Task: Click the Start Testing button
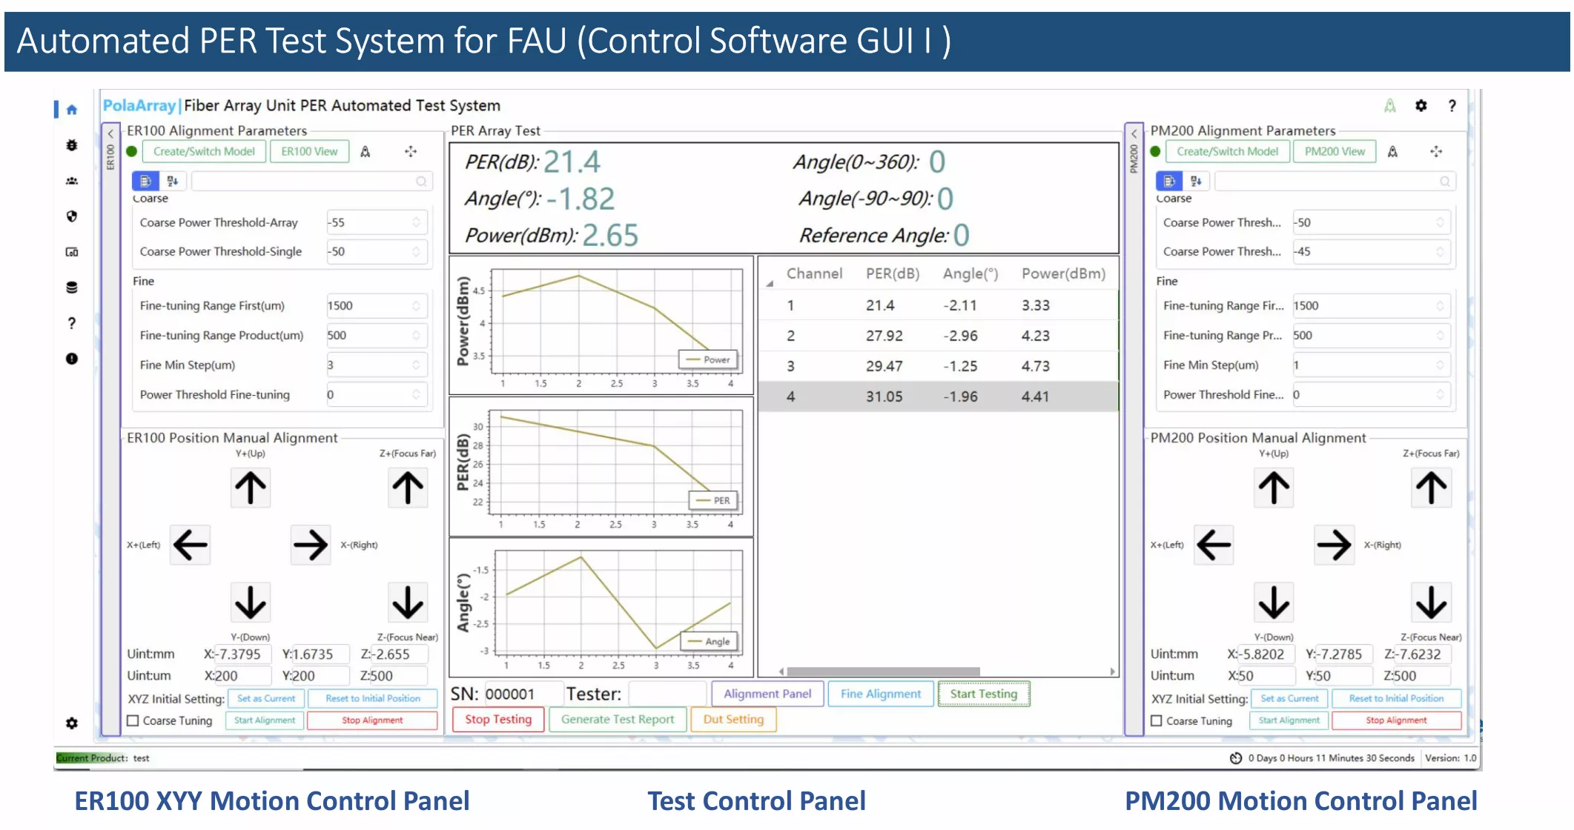point(984,694)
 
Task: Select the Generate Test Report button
point(618,720)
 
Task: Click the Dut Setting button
point(733,720)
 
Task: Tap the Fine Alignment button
point(881,694)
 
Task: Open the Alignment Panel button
point(767,694)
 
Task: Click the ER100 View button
point(309,152)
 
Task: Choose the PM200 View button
point(1335,152)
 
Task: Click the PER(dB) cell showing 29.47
point(884,366)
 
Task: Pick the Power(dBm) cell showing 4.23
point(1036,336)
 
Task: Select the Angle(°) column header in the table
point(970,274)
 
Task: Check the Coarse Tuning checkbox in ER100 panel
point(133,720)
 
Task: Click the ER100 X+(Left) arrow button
point(191,545)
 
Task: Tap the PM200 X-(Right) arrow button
point(1334,545)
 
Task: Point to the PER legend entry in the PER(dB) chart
point(714,501)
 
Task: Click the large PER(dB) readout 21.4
point(572,162)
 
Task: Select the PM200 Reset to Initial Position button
point(1396,699)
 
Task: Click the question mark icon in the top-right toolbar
point(1452,106)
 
